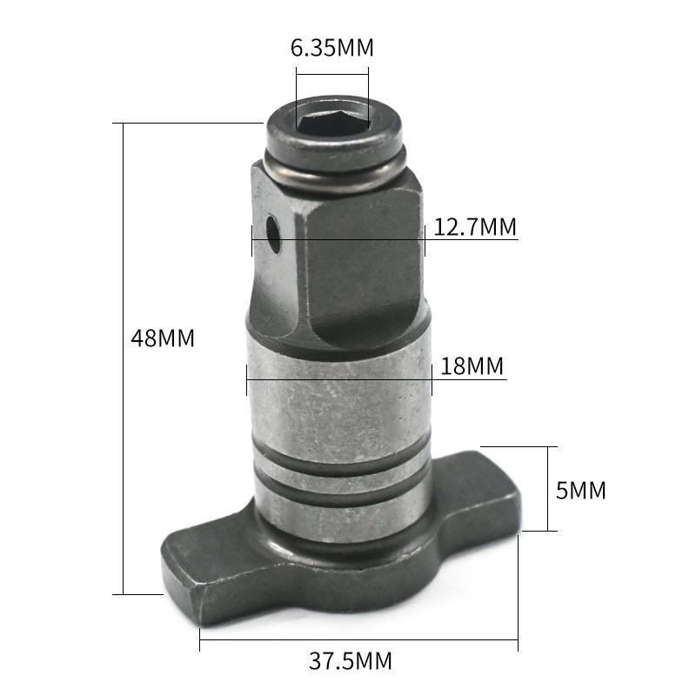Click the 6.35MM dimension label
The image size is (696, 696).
pos(332,48)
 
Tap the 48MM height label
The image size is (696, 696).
pos(163,338)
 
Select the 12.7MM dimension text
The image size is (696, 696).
pos(475,227)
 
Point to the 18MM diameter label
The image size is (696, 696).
pos(472,366)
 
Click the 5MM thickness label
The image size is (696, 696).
pos(580,491)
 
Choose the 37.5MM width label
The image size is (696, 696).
pos(351,661)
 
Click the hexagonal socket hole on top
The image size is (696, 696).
pos(333,121)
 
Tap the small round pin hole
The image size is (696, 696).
pos(273,234)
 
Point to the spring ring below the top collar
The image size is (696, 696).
pos(335,171)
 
